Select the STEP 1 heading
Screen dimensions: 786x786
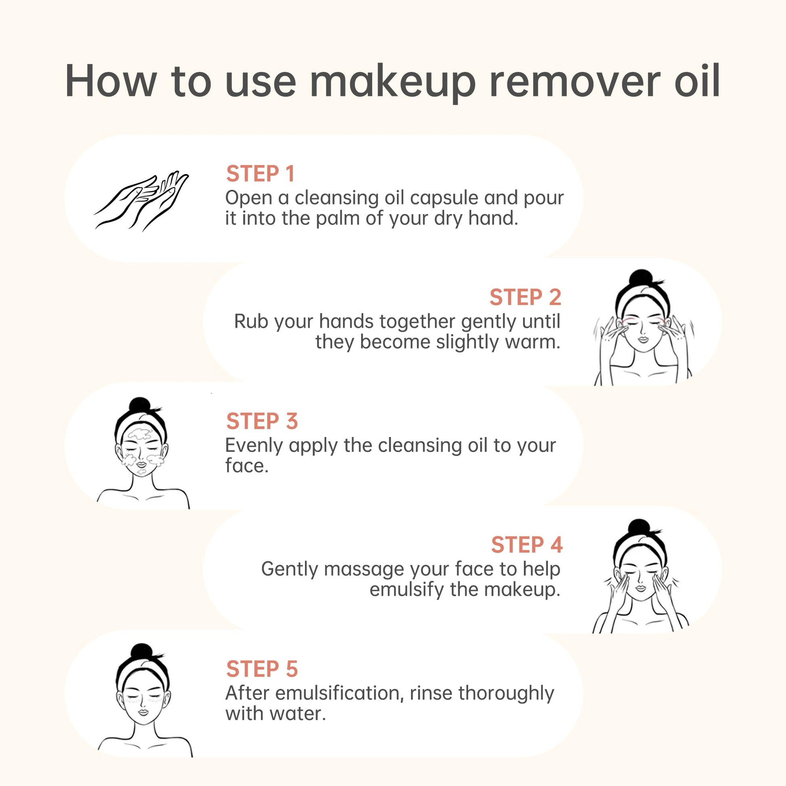(x=260, y=174)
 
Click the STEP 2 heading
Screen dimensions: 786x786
(x=525, y=297)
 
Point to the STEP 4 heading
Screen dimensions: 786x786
(x=527, y=545)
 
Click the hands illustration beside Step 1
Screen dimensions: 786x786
(x=142, y=201)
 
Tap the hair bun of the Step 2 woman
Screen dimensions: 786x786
(x=641, y=278)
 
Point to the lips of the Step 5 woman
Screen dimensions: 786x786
(x=143, y=712)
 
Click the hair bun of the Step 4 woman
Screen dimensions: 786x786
(x=640, y=528)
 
